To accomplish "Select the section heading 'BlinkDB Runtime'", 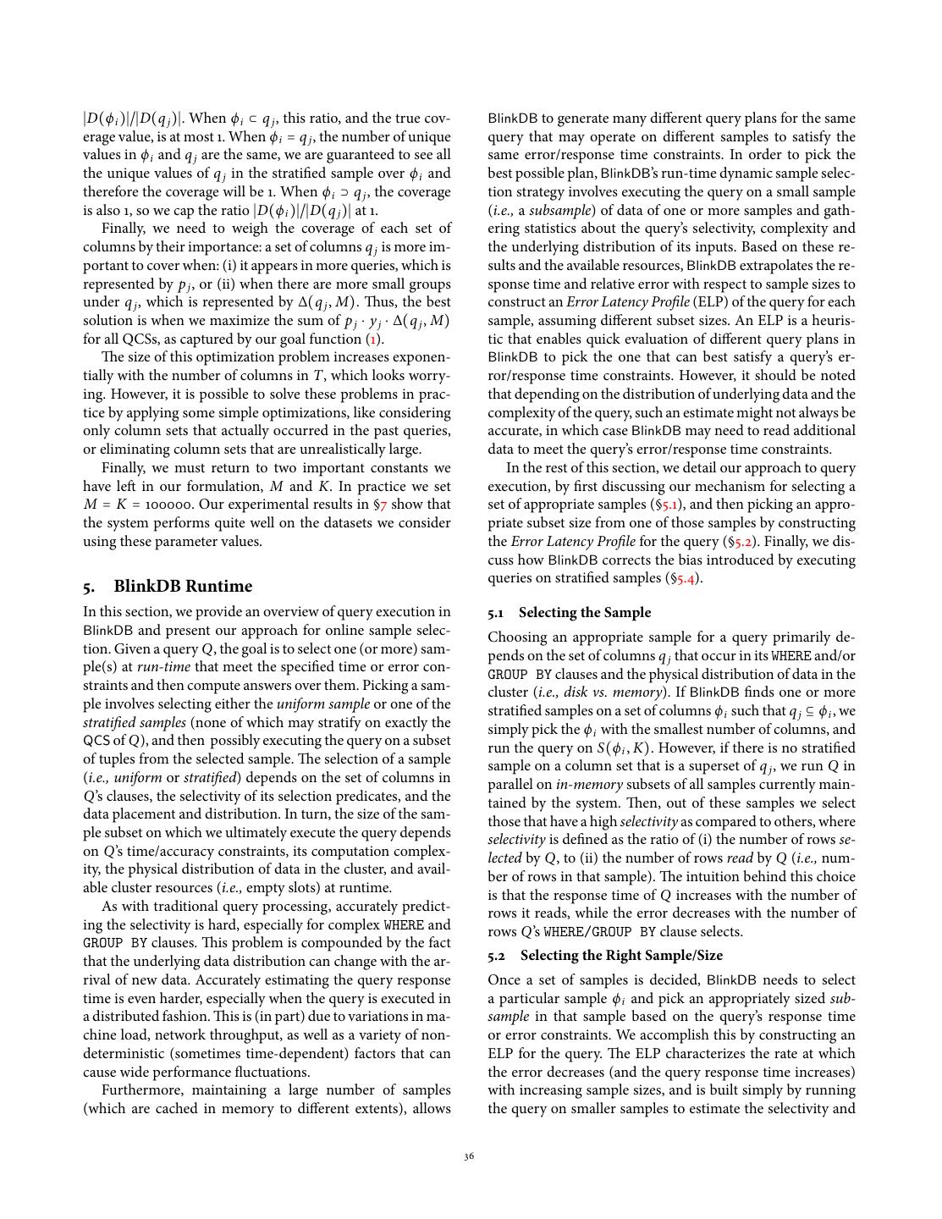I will pos(183,586).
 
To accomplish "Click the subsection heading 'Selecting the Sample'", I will pos(585,612).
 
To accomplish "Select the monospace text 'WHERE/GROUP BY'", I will pos(599,932).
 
